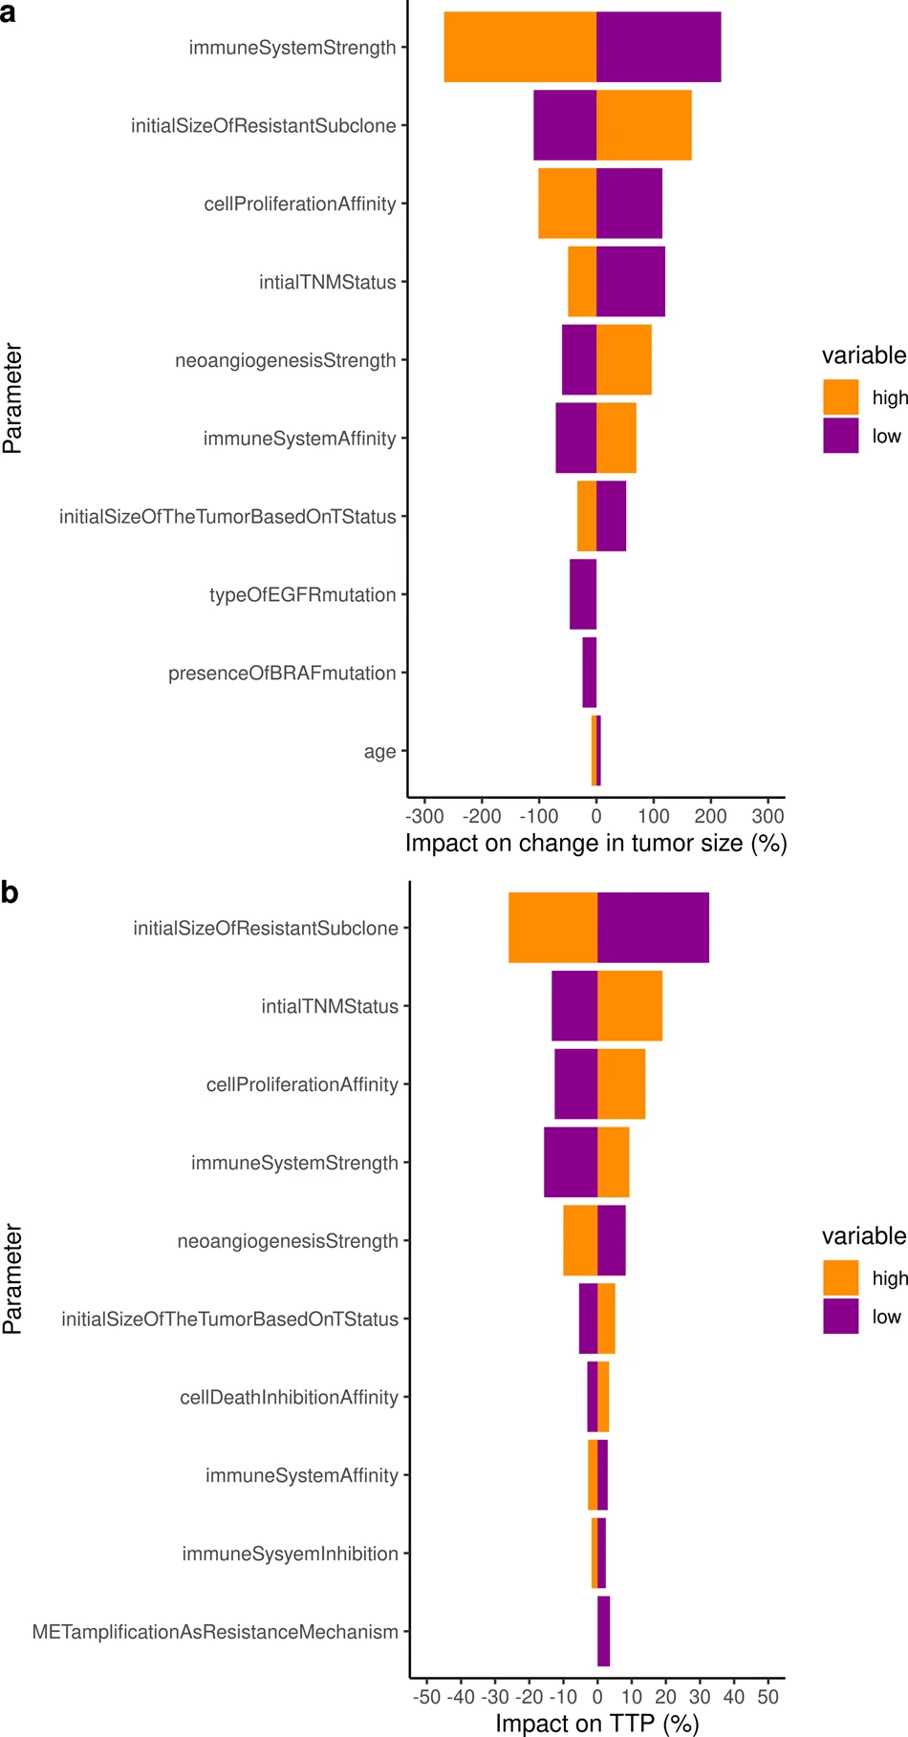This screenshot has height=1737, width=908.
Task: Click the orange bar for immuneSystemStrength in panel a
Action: [x=520, y=47]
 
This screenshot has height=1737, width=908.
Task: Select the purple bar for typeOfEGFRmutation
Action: [x=583, y=594]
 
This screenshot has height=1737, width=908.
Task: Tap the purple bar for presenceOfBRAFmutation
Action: [x=589, y=673]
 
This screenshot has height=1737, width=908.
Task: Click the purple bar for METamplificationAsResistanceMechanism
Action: [x=603, y=1631]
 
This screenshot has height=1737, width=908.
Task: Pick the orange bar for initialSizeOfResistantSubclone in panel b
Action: [x=552, y=927]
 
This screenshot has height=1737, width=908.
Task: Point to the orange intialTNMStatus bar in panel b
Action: [x=630, y=1005]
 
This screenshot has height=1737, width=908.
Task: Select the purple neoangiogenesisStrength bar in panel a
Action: [x=578, y=359]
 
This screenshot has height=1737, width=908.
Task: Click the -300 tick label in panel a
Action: [x=424, y=816]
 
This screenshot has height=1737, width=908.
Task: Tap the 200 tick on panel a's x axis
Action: [x=710, y=816]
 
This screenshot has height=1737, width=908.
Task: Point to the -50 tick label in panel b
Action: [x=426, y=1697]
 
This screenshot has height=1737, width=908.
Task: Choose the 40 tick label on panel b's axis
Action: [x=733, y=1697]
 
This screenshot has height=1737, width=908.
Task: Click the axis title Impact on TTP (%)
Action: [x=596, y=1723]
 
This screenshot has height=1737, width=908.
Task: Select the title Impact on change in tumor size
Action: [x=595, y=843]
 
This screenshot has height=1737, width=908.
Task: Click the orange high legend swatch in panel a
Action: [x=840, y=397]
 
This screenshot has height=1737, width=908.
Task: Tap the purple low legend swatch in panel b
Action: [x=840, y=1316]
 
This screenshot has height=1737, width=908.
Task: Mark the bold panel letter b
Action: [x=10, y=892]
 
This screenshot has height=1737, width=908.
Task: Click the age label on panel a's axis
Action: [x=379, y=751]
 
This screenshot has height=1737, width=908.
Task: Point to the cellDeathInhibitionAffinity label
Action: [x=289, y=1397]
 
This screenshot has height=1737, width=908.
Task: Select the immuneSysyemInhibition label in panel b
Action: [x=290, y=1554]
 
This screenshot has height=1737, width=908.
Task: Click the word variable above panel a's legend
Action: [x=863, y=355]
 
